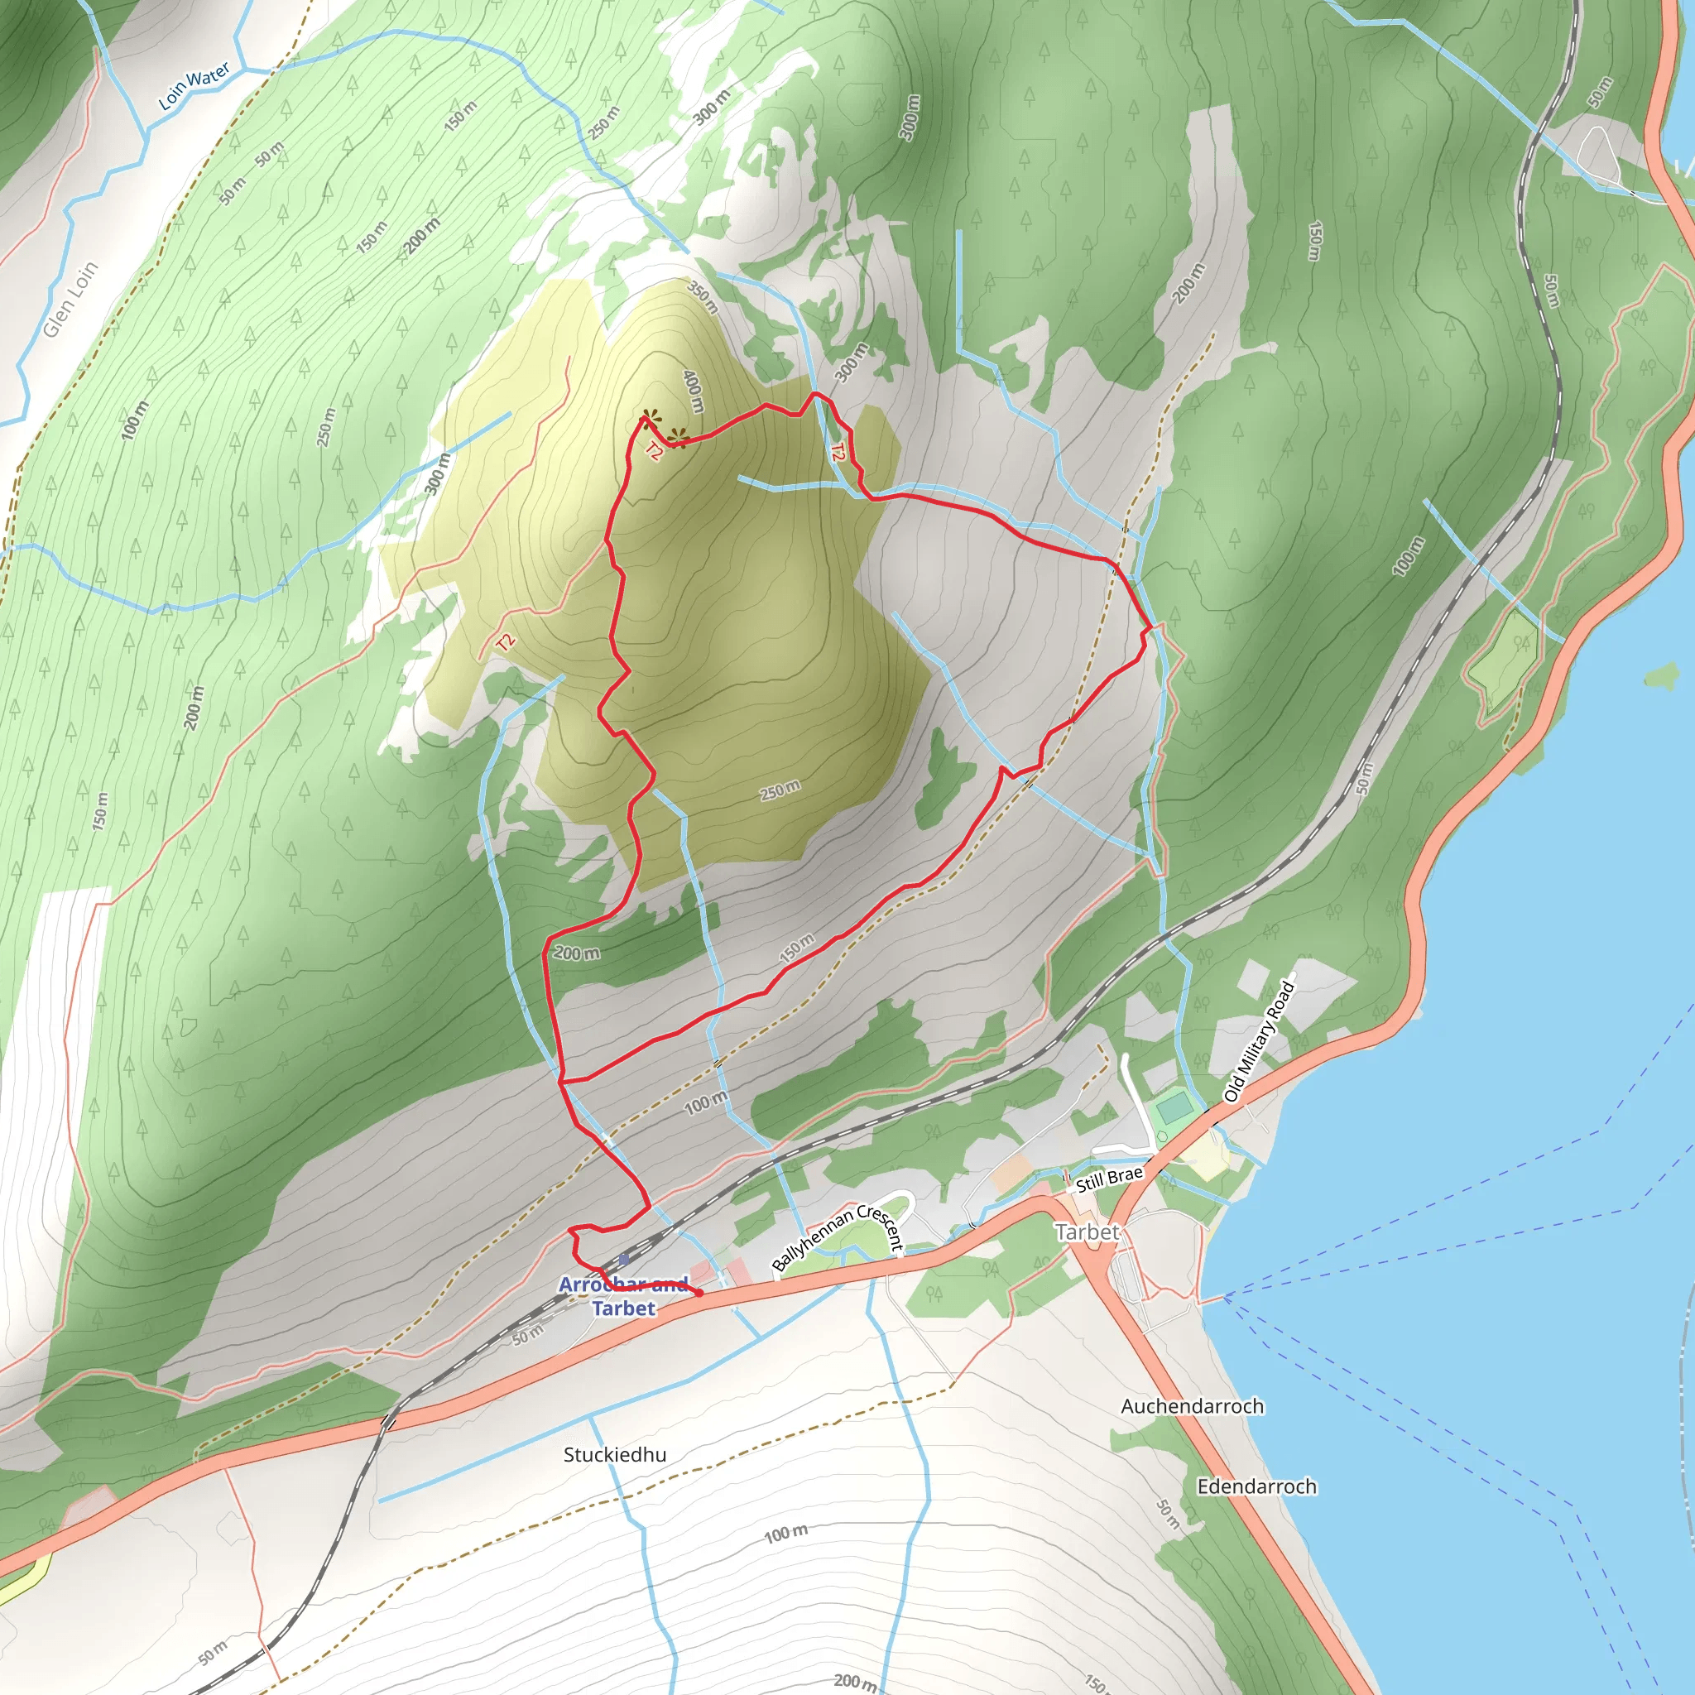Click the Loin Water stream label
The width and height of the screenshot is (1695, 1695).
tap(194, 85)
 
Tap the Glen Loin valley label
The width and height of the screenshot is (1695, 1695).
tap(70, 300)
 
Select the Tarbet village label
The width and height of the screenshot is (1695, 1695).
tap(1087, 1232)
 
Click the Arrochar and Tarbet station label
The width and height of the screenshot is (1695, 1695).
tap(624, 1297)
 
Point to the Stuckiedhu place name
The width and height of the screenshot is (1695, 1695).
tap(614, 1455)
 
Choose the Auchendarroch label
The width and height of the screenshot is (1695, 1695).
tap(1193, 1406)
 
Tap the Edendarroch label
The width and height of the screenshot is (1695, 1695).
tap(1256, 1487)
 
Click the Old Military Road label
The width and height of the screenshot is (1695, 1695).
tap(1259, 1041)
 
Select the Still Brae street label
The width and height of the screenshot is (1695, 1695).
tap(1109, 1179)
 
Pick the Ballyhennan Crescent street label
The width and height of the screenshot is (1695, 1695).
tap(837, 1238)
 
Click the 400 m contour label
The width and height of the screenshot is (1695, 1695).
tap(694, 391)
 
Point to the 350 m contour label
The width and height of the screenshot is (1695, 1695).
tap(703, 297)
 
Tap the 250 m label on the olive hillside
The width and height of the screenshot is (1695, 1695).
tap(780, 790)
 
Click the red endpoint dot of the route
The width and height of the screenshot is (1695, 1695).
tap(699, 1294)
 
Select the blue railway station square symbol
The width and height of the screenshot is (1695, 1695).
tap(624, 1260)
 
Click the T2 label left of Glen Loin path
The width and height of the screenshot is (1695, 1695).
tap(505, 642)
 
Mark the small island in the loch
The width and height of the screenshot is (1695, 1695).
tap(1660, 675)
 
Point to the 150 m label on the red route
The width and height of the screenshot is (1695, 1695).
tap(798, 948)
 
